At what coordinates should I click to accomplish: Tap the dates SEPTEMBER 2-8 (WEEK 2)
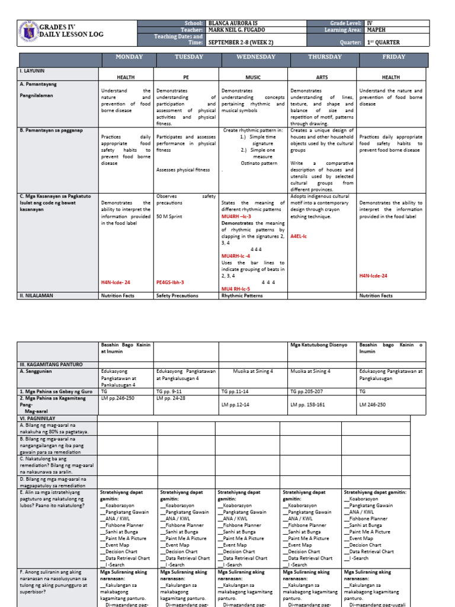tap(242, 43)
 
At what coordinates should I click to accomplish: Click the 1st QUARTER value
tap(384, 43)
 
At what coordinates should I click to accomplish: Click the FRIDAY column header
tap(394, 57)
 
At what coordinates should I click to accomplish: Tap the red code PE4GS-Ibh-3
tap(170, 283)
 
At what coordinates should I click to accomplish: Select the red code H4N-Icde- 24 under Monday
tap(115, 283)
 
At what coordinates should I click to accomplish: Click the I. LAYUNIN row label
tap(33, 70)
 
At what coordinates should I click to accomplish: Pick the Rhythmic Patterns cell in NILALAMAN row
tap(242, 295)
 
